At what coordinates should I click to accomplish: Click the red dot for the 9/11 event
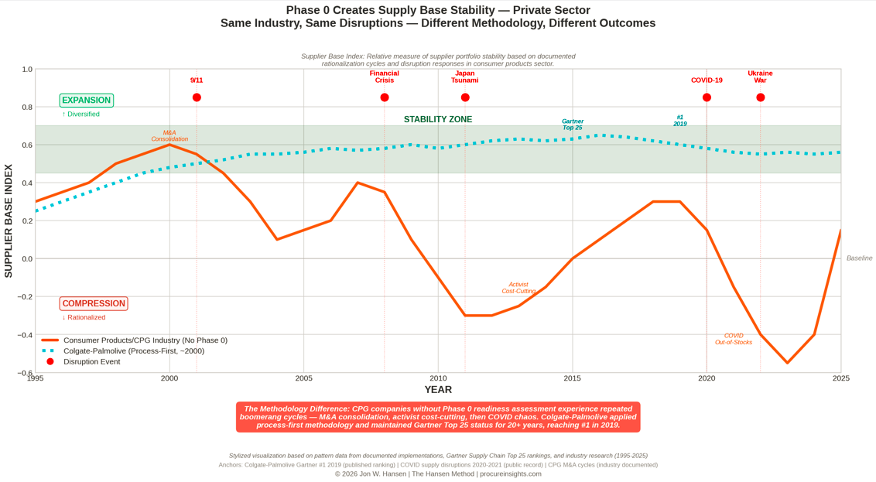pyautogui.click(x=197, y=97)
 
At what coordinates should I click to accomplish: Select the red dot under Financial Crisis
pyautogui.click(x=385, y=97)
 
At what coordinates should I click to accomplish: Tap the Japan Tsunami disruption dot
pyautogui.click(x=465, y=97)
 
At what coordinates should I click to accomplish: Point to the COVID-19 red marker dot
pyautogui.click(x=707, y=97)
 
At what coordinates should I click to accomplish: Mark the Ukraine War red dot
pyautogui.click(x=761, y=97)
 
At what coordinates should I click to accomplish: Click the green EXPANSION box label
pyautogui.click(x=87, y=101)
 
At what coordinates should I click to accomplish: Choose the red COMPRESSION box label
pyautogui.click(x=94, y=304)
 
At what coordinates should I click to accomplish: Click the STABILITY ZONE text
pyautogui.click(x=438, y=120)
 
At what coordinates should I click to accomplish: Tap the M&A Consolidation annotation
pyautogui.click(x=169, y=136)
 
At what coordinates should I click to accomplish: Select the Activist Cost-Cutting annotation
pyautogui.click(x=518, y=288)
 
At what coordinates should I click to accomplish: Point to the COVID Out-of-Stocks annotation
pyautogui.click(x=734, y=339)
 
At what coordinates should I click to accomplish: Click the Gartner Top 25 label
pyautogui.click(x=573, y=125)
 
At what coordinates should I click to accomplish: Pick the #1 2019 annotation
pyautogui.click(x=680, y=121)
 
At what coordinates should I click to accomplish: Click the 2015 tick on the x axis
pyautogui.click(x=573, y=378)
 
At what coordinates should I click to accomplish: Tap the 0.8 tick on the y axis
pyautogui.click(x=27, y=108)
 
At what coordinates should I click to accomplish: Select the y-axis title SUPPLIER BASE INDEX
pyautogui.click(x=9, y=220)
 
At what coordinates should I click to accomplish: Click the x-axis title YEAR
pyautogui.click(x=438, y=390)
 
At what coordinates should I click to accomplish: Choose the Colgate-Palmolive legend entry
pyautogui.click(x=134, y=351)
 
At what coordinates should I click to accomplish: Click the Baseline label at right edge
pyautogui.click(x=859, y=258)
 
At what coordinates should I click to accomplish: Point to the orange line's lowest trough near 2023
pyautogui.click(x=788, y=363)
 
